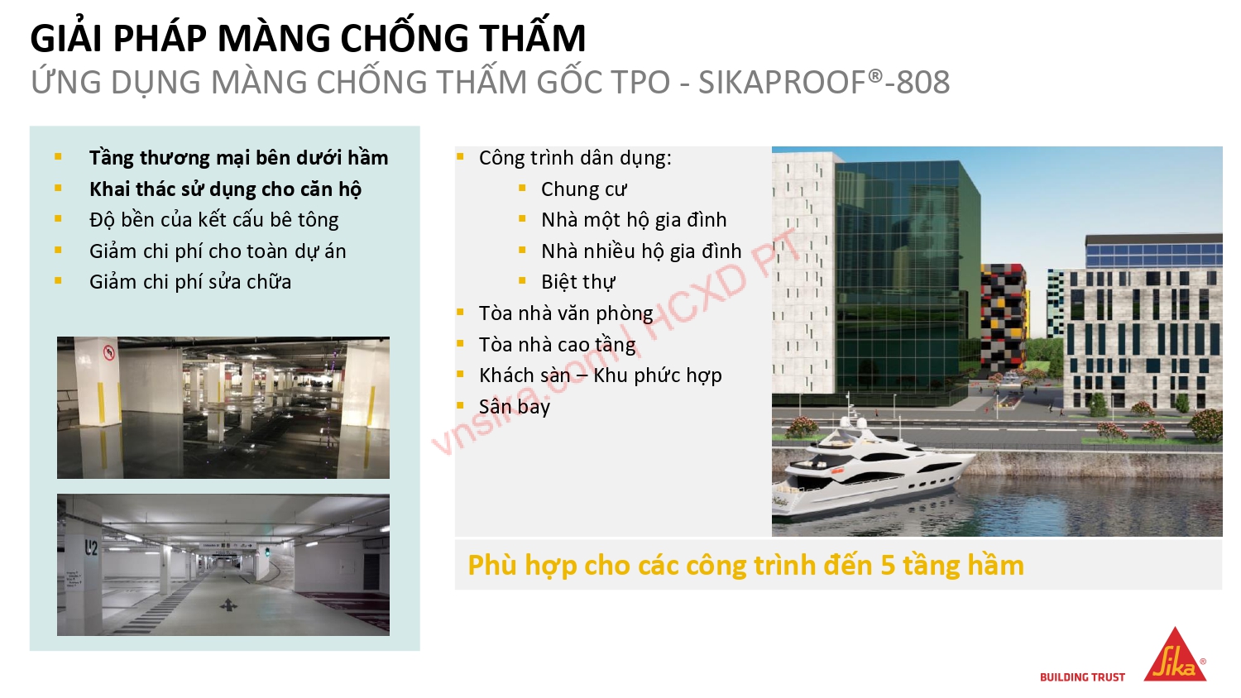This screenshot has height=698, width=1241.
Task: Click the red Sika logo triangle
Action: (x=1175, y=657)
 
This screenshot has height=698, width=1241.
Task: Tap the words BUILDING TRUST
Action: (x=1082, y=677)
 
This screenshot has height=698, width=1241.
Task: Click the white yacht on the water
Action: (x=869, y=471)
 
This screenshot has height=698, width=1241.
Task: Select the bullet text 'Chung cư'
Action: (x=584, y=189)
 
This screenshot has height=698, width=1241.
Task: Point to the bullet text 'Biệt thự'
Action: (x=578, y=282)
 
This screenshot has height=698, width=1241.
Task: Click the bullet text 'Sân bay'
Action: (x=515, y=407)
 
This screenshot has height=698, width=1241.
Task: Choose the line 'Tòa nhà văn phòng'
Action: (x=566, y=313)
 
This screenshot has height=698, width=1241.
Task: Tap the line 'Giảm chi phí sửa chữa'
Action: (x=190, y=282)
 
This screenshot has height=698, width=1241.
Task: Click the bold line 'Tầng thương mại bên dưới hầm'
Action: (x=238, y=158)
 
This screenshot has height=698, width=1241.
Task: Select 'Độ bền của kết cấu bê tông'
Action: (x=214, y=220)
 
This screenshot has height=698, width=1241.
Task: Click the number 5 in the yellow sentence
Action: (x=889, y=566)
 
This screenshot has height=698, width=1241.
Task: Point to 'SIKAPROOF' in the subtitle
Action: (x=782, y=83)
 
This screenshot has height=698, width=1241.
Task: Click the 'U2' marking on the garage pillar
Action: (x=91, y=547)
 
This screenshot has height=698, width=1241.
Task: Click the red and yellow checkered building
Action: (x=1004, y=323)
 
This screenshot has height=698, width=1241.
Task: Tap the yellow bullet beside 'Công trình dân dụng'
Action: (x=461, y=156)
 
